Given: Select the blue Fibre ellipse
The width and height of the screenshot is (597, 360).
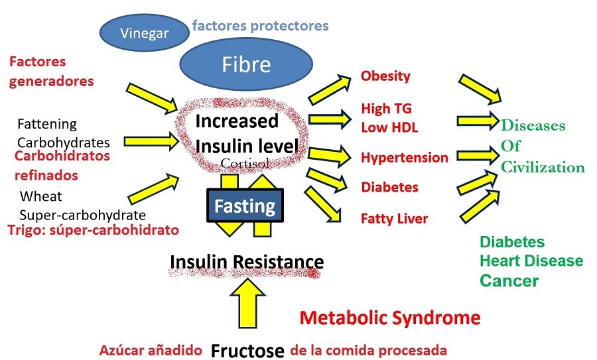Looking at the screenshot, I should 247,64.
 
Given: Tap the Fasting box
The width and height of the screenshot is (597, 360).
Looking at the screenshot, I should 245,206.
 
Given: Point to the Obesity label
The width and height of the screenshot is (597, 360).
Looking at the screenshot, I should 385,76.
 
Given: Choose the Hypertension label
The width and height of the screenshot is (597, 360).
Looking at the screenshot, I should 405,158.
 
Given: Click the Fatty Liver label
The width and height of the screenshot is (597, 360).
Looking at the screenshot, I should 394,218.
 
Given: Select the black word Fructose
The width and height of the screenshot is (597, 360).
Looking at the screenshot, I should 247,350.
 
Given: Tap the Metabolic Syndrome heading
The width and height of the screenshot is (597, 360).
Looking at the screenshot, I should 390,318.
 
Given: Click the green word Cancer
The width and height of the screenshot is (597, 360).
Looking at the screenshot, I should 509,280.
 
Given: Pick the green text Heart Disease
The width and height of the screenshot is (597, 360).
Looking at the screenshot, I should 531,261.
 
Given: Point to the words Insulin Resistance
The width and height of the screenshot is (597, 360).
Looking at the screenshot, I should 247,263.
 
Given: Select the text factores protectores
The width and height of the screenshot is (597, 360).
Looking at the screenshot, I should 260,27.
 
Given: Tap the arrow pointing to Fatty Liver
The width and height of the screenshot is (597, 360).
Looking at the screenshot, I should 322,204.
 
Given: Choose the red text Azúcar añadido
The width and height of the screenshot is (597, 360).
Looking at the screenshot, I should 152,350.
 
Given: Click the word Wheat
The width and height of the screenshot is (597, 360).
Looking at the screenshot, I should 40,196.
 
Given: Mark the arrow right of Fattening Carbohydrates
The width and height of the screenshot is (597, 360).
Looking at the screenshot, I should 151,140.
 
